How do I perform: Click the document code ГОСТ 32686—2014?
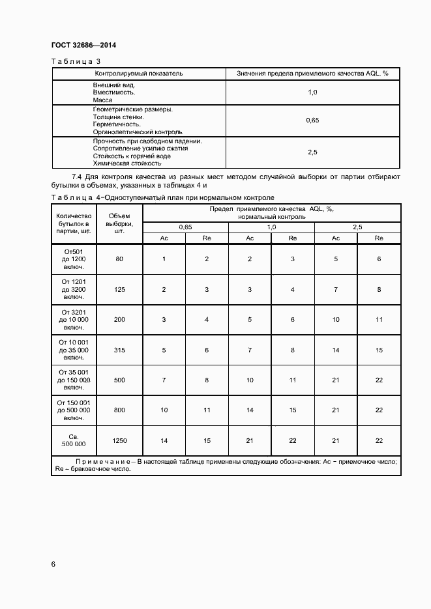(x=78, y=46)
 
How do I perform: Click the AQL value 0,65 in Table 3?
(x=312, y=120)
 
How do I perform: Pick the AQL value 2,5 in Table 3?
(x=312, y=152)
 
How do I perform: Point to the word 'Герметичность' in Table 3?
(x=117, y=124)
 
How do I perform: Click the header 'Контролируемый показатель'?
(x=139, y=74)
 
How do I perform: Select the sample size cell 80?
(x=119, y=259)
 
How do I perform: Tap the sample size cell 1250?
(x=119, y=441)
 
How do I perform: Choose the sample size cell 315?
(x=119, y=350)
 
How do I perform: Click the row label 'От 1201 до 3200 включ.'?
(x=74, y=289)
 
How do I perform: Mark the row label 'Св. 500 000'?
(x=74, y=441)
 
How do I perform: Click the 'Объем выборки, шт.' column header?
(x=119, y=223)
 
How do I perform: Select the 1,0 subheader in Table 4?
(x=271, y=227)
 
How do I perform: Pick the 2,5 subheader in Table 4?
(x=357, y=227)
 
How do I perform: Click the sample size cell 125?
(x=119, y=289)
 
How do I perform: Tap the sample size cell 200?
(x=119, y=320)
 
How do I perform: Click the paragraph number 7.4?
(x=76, y=177)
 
